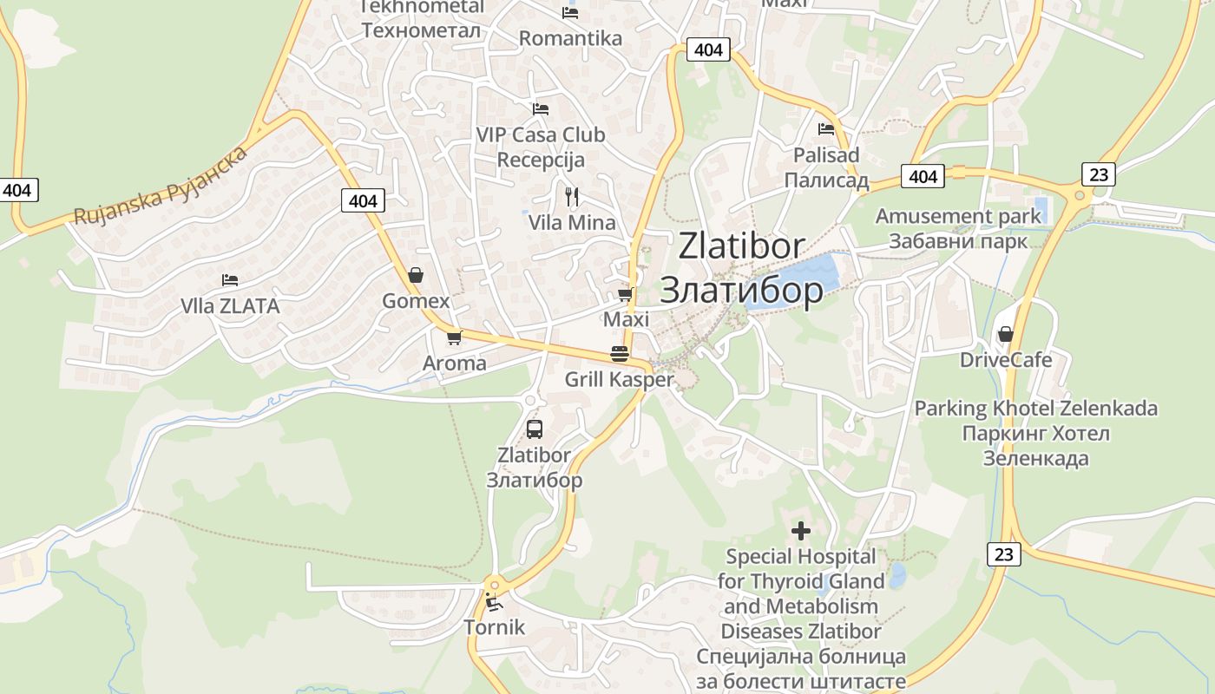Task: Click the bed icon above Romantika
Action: point(570,12)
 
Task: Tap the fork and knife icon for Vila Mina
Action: point(572,196)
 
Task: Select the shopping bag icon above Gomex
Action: point(417,275)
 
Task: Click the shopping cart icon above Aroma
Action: point(454,337)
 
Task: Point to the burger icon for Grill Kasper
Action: point(620,354)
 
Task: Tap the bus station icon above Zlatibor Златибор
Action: point(535,429)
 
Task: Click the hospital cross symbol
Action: point(801,530)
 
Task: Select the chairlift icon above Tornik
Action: point(494,602)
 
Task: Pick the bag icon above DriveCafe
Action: point(1006,334)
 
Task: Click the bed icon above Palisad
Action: point(826,129)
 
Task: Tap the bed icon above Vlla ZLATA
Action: point(230,280)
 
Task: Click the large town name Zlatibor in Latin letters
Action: point(741,246)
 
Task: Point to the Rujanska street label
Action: point(161,187)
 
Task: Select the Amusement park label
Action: point(958,216)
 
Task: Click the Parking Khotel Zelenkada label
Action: point(1036,408)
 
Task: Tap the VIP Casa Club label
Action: point(541,135)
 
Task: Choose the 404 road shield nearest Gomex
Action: point(363,201)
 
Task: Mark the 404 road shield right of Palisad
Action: point(923,177)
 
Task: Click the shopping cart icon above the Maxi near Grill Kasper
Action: point(626,294)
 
